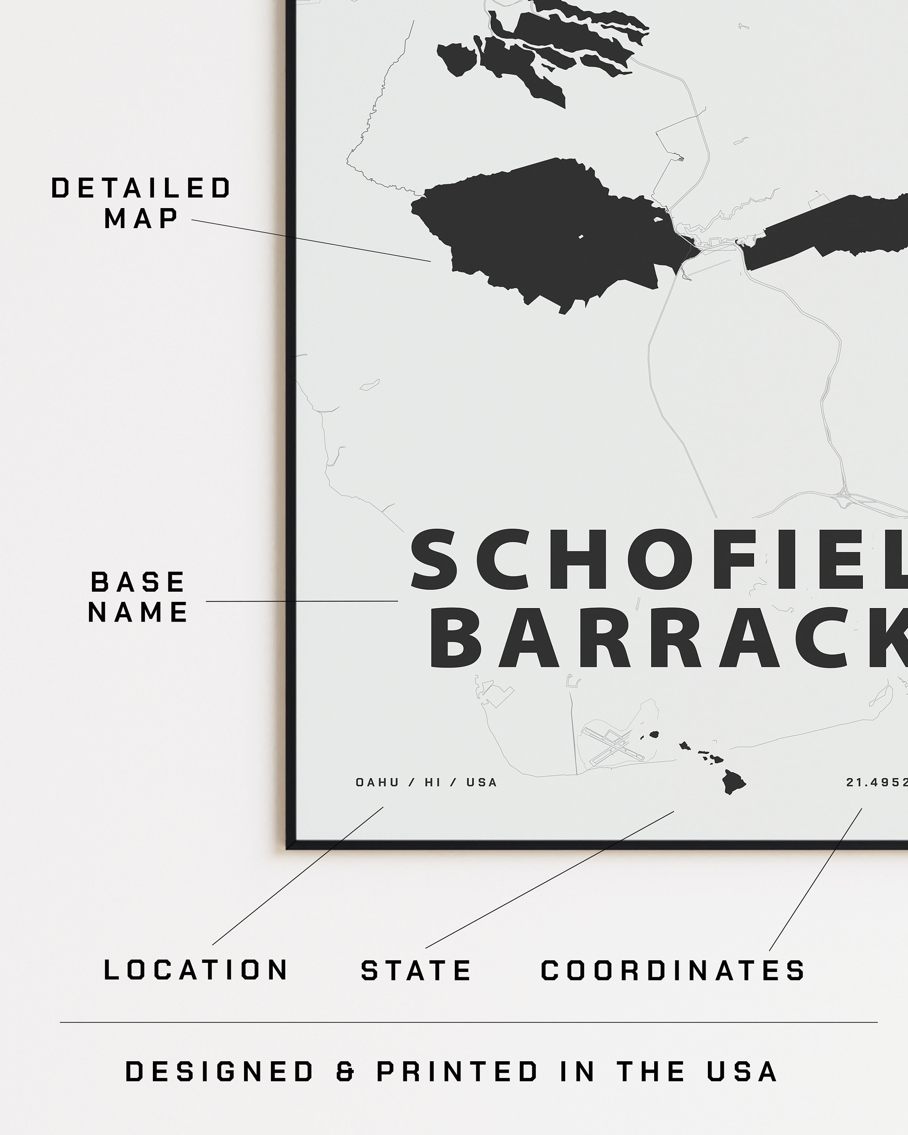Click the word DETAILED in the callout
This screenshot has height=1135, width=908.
(x=141, y=188)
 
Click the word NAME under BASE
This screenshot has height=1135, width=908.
(x=138, y=612)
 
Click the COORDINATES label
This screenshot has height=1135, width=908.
(x=673, y=970)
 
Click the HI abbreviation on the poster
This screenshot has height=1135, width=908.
(x=433, y=783)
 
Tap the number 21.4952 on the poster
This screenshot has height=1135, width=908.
(x=877, y=783)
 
